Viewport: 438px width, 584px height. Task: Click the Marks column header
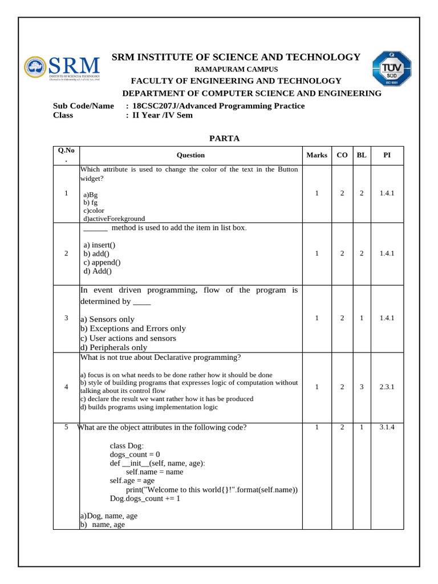pos(317,155)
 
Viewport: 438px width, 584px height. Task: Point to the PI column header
pos(387,155)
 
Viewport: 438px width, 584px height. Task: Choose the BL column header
pos(361,155)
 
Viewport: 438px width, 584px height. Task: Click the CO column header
pos(342,155)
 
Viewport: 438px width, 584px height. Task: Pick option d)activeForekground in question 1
pos(114,218)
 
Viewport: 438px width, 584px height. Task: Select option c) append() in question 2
pos(102,262)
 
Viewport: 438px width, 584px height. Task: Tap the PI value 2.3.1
pos(387,387)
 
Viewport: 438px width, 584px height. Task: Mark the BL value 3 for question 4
pos(361,387)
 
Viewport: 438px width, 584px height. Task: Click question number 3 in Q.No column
pos(67,318)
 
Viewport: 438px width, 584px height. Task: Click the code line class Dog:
pos(127,445)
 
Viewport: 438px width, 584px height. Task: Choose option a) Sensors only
pos(107,319)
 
